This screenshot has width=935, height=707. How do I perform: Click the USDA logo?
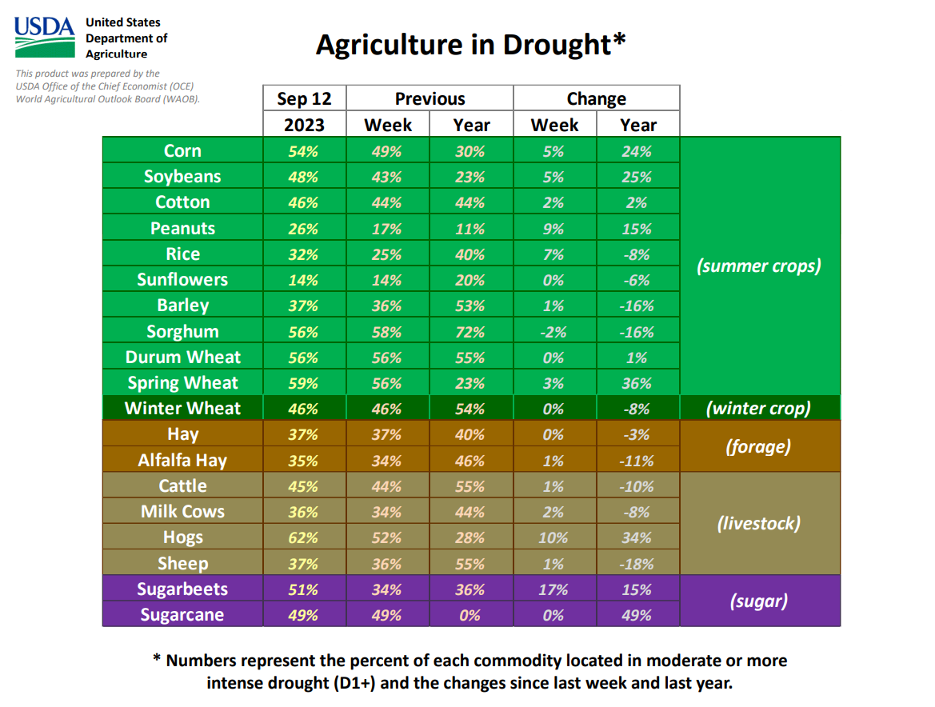coord(45,36)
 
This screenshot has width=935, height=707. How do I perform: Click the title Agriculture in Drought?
coord(470,44)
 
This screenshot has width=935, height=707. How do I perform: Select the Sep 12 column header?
coord(304,98)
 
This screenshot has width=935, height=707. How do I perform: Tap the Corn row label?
coord(182,151)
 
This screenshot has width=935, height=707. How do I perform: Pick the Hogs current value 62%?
coord(304,537)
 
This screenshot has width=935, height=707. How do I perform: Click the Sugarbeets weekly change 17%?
coord(553,589)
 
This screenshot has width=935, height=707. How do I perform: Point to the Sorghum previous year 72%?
coord(470,331)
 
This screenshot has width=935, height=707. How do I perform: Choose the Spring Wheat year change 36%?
coord(637,383)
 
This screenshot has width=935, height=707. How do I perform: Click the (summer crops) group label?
coord(759,266)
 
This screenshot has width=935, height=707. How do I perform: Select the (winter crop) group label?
coord(759,409)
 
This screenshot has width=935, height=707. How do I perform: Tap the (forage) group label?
coord(759,447)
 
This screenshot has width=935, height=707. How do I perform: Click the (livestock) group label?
coord(759,524)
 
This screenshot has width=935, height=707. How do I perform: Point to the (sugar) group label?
coord(759,601)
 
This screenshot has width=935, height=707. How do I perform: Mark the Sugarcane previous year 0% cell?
coord(470,615)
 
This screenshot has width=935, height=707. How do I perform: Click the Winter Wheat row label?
coord(182,409)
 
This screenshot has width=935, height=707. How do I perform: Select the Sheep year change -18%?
coord(637,564)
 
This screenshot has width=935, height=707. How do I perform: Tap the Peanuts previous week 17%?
coord(387,229)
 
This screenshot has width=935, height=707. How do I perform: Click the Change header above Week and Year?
coord(596,98)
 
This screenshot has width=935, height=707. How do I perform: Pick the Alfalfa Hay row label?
coord(182,461)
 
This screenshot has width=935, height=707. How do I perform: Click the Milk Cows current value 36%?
coord(304,512)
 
